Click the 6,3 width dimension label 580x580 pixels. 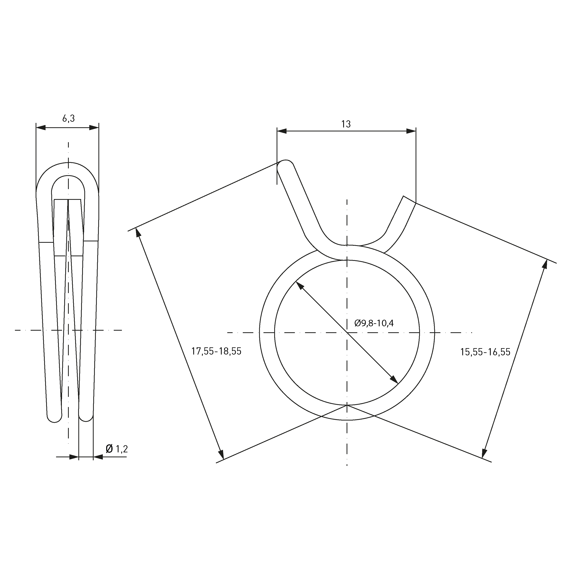pos(68,119)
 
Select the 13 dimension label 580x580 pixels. pos(346,124)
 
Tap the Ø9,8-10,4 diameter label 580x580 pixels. pos(374,323)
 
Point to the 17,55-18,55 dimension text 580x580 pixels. pos(216,351)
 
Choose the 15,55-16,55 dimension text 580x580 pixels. pos(485,352)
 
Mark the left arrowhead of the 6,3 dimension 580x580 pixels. pos(41,128)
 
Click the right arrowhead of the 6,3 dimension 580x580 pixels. pos(94,128)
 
